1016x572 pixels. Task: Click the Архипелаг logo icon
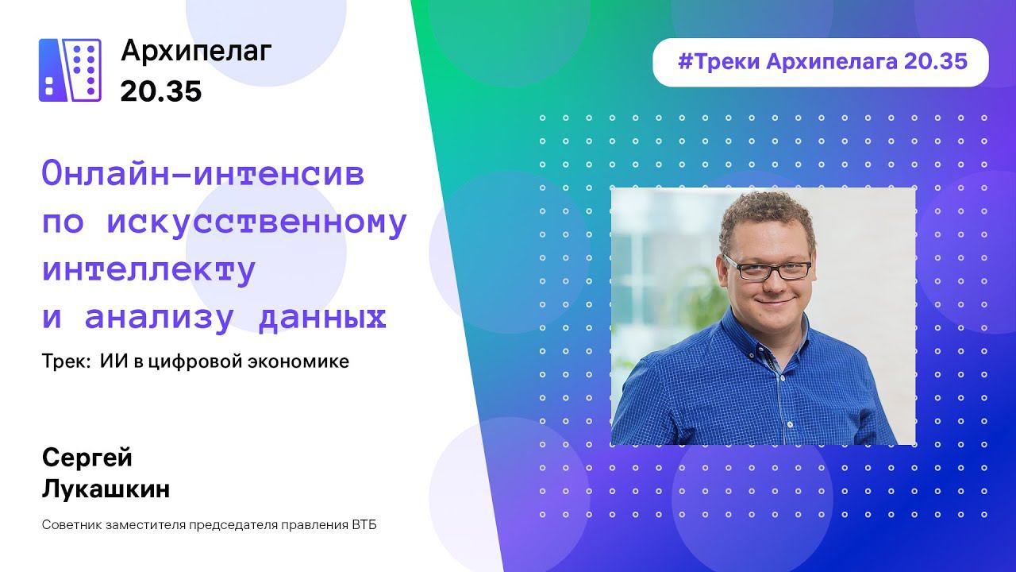tap(70, 70)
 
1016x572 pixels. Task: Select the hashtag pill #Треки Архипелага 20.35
tap(821, 62)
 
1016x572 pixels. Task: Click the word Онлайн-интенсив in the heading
tap(203, 174)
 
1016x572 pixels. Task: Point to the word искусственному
tap(256, 222)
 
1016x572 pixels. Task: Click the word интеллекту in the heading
tap(148, 270)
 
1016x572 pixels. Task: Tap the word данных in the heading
tap(324, 318)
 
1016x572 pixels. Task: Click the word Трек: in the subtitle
tap(66, 362)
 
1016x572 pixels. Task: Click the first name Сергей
tap(87, 458)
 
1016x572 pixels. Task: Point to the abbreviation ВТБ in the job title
tap(363, 526)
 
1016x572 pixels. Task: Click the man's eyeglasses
tap(768, 269)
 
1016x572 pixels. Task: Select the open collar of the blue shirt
tap(774, 350)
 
